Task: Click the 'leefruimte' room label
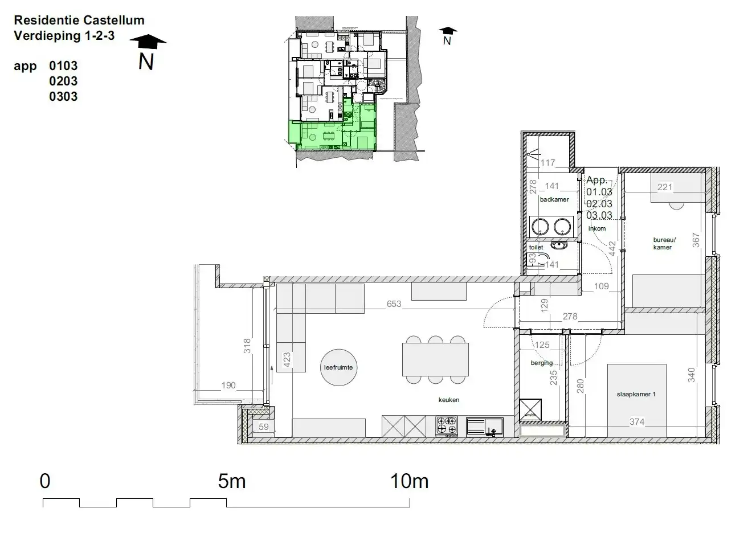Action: click(x=338, y=367)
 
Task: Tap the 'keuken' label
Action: click(x=449, y=400)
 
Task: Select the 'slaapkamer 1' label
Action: click(x=636, y=394)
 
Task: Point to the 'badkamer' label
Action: click(x=554, y=200)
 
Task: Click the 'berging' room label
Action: click(x=541, y=363)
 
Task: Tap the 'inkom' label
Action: click(x=597, y=228)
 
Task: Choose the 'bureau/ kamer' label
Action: click(x=663, y=244)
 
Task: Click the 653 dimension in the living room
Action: click(x=394, y=304)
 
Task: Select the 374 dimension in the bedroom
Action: click(x=637, y=422)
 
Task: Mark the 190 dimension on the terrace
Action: click(x=228, y=386)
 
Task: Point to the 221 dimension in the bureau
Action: click(x=665, y=187)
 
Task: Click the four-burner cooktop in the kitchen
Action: click(x=447, y=425)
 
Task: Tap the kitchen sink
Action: click(x=485, y=425)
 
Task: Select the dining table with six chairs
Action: click(x=435, y=359)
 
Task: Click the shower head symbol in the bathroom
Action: click(x=532, y=153)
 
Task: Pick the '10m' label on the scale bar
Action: click(x=409, y=482)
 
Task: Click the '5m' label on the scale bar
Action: click(x=232, y=482)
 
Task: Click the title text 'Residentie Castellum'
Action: click(x=79, y=20)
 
